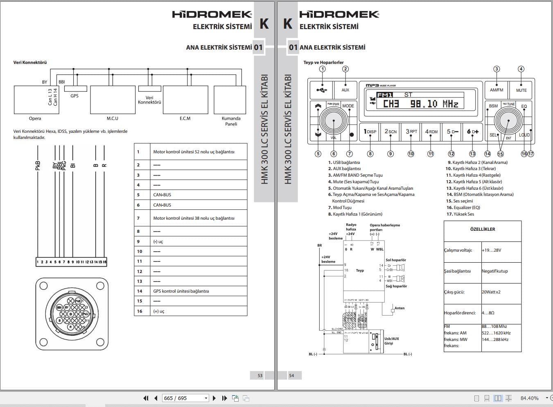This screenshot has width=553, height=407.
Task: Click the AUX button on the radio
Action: pyautogui.click(x=345, y=90)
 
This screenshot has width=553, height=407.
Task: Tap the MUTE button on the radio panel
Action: pyautogui.click(x=521, y=90)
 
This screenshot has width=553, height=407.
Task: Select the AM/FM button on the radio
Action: pyautogui.click(x=497, y=90)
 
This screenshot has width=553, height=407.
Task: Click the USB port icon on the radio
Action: pyautogui.click(x=322, y=90)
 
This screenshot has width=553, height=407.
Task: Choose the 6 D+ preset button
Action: pyautogui.click(x=473, y=132)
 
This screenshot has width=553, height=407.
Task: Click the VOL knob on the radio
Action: pyautogui.click(x=334, y=121)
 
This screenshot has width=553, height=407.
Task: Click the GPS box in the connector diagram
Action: pyautogui.click(x=74, y=89)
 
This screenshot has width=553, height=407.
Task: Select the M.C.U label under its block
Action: pyautogui.click(x=112, y=118)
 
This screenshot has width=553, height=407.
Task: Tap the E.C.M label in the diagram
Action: pyautogui.click(x=185, y=118)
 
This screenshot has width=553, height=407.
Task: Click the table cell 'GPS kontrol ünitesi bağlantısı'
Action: pyautogui.click(x=181, y=291)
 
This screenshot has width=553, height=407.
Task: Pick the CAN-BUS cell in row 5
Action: pyautogui.click(x=162, y=195)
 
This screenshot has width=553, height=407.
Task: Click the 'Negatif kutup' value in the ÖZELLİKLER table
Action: pyautogui.click(x=494, y=271)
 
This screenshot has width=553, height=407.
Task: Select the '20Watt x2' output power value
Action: pyautogui.click(x=491, y=292)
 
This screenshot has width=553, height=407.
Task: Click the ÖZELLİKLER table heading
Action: pyautogui.click(x=483, y=229)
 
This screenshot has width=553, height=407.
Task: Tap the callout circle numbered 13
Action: pyautogui.click(x=472, y=154)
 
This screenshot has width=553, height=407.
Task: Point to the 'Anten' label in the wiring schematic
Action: pyautogui.click(x=399, y=308)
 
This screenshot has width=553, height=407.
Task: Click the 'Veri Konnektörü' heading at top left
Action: pyautogui.click(x=30, y=62)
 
